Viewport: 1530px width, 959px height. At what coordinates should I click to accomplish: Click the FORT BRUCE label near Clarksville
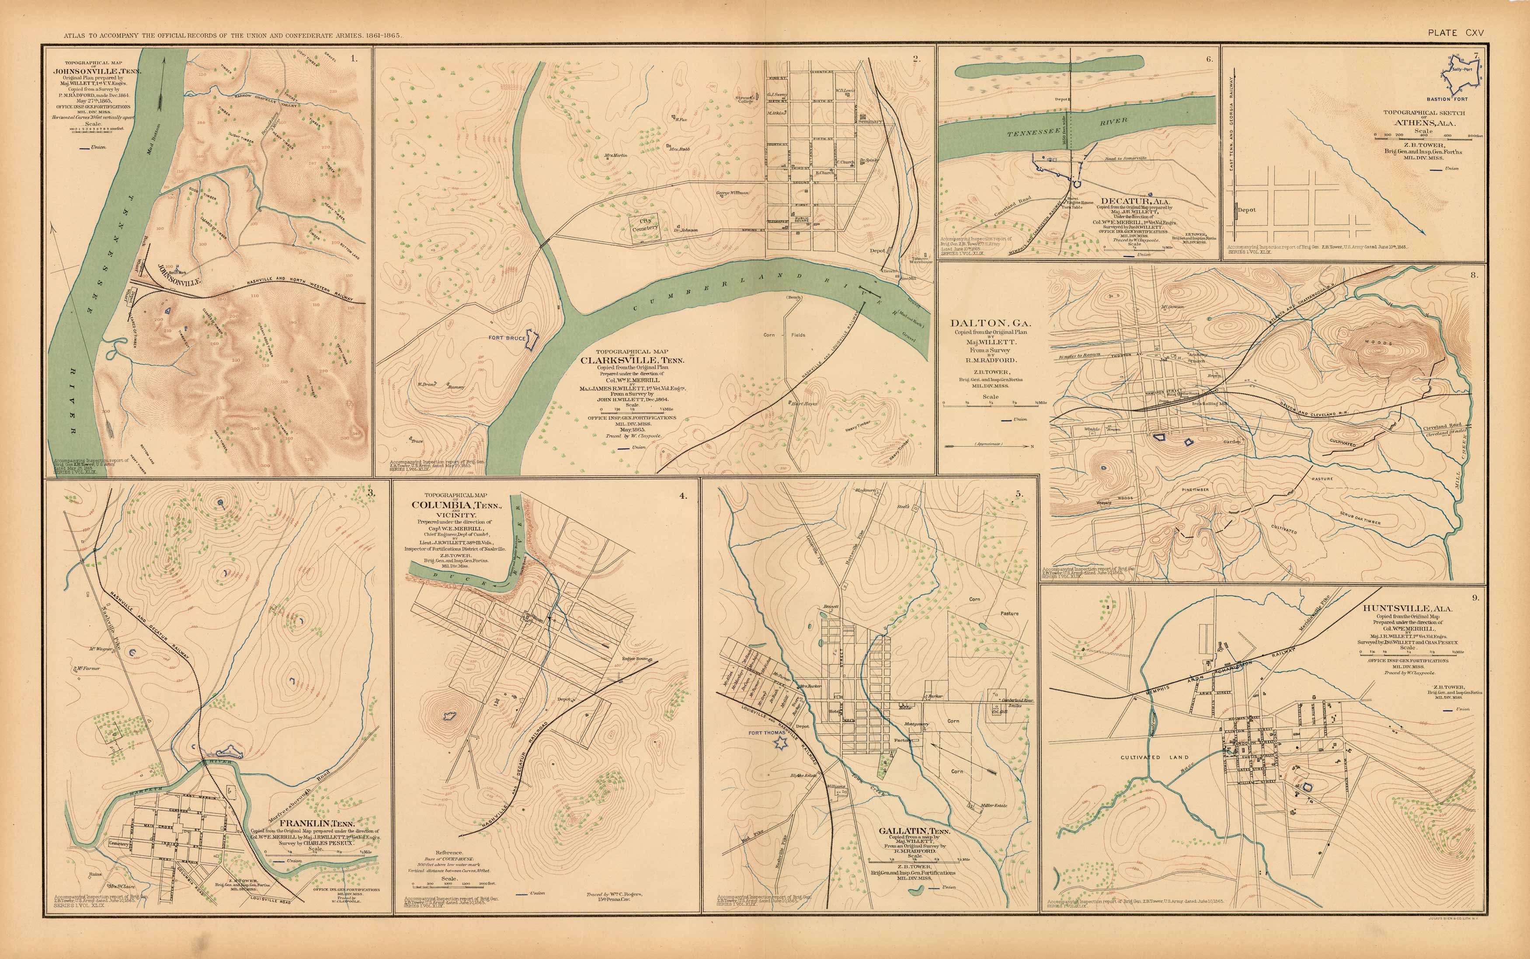pyautogui.click(x=507, y=338)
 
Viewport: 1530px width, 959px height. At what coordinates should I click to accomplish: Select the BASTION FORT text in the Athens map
pyautogui.click(x=1460, y=100)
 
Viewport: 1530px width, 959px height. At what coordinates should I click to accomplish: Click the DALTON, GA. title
pyautogui.click(x=991, y=324)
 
